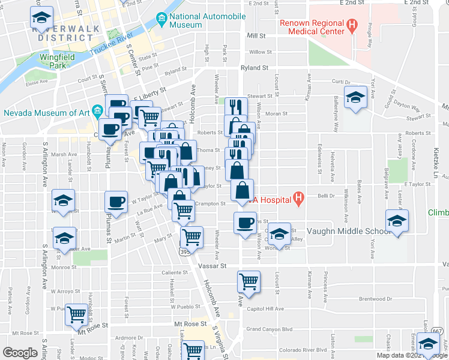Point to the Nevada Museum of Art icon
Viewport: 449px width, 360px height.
(x=96, y=111)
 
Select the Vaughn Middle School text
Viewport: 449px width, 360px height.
(x=341, y=231)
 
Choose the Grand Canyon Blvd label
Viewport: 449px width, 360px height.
(x=269, y=329)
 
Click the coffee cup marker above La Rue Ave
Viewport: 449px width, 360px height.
(x=116, y=201)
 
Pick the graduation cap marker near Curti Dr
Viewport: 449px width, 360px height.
(x=355, y=97)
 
